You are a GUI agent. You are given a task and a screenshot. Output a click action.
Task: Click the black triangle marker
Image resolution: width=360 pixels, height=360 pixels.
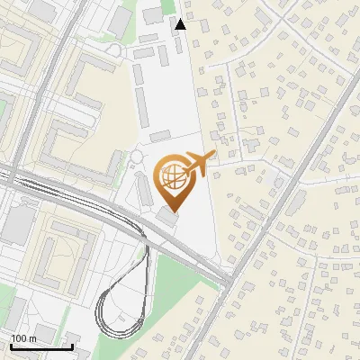click(x=181, y=24)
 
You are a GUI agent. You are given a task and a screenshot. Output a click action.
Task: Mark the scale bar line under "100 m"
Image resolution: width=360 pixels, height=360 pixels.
click(x=41, y=346)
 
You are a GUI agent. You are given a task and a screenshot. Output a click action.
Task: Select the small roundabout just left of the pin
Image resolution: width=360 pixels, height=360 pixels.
click(x=136, y=157)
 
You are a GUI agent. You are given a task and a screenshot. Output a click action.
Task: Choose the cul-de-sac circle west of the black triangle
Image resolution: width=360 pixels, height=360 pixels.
click(x=114, y=49)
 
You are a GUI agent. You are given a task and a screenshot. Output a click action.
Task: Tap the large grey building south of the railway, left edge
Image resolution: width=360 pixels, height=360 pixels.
click(x=15, y=225)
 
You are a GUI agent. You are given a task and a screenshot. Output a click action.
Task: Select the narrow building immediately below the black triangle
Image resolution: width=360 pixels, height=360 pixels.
click(x=177, y=43)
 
